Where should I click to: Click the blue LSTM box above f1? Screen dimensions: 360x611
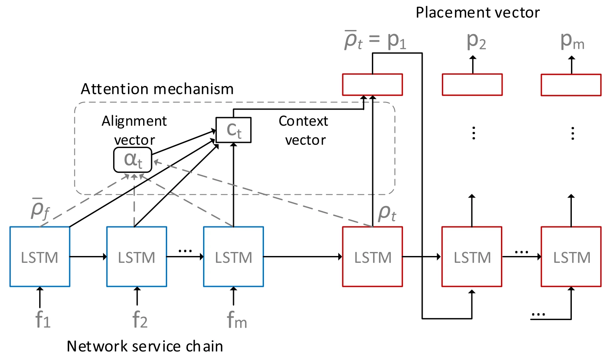(x=40, y=257)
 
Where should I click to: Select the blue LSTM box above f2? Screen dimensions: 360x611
(x=137, y=257)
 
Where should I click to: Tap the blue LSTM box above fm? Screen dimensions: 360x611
(x=234, y=257)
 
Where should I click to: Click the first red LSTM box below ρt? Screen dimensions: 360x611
(x=372, y=257)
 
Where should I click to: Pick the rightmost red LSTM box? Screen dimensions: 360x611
(x=571, y=257)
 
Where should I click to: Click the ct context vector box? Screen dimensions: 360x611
(x=234, y=130)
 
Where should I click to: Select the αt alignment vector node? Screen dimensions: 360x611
(x=133, y=160)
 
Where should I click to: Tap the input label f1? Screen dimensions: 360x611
(x=43, y=320)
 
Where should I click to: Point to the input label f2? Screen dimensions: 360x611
(x=140, y=320)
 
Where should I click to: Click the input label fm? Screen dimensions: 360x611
(x=237, y=320)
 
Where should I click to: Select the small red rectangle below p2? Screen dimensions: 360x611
(x=472, y=84)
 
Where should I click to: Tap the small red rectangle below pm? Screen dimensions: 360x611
(x=571, y=85)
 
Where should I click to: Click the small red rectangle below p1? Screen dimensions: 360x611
(x=372, y=84)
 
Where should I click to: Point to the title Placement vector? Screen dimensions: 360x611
(x=477, y=12)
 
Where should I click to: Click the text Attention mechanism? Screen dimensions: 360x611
(x=157, y=89)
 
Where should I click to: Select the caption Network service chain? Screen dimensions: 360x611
(x=145, y=346)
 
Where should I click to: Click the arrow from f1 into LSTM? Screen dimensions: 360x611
(x=40, y=297)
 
